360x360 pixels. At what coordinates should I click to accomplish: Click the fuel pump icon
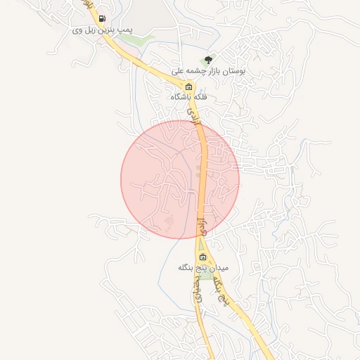103,19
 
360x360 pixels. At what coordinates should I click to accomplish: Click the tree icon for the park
207,60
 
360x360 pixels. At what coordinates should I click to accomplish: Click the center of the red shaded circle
180,179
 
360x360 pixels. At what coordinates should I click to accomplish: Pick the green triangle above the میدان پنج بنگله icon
202,245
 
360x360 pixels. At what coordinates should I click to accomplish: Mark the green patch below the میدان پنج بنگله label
205,276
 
